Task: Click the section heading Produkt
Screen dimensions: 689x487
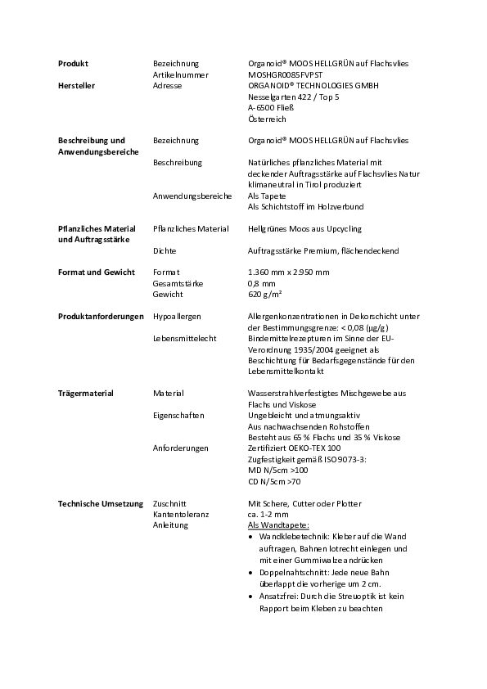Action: pos(73,63)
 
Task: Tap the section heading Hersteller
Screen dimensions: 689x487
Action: pos(77,85)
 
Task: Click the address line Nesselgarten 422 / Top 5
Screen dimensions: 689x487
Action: pos(293,97)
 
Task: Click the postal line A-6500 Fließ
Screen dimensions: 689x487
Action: pos(271,107)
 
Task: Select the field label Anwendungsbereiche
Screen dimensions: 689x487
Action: pos(192,196)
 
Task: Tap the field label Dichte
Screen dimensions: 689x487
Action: pos(165,250)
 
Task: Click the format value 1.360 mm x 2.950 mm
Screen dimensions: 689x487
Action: pos(288,272)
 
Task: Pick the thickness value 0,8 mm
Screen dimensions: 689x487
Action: pos(261,283)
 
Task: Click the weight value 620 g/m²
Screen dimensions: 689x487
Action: pos(265,294)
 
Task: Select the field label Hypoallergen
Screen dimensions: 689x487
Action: pos(177,316)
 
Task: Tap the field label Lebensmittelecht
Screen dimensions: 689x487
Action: pos(183,337)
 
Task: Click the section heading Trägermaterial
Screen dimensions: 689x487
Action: pos(85,393)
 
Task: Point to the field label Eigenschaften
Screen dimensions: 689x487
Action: pos(178,415)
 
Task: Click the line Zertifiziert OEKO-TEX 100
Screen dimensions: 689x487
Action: pos(294,448)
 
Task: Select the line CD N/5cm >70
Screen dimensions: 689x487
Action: pos(274,481)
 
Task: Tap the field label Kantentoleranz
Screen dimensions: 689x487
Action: pos(181,514)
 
